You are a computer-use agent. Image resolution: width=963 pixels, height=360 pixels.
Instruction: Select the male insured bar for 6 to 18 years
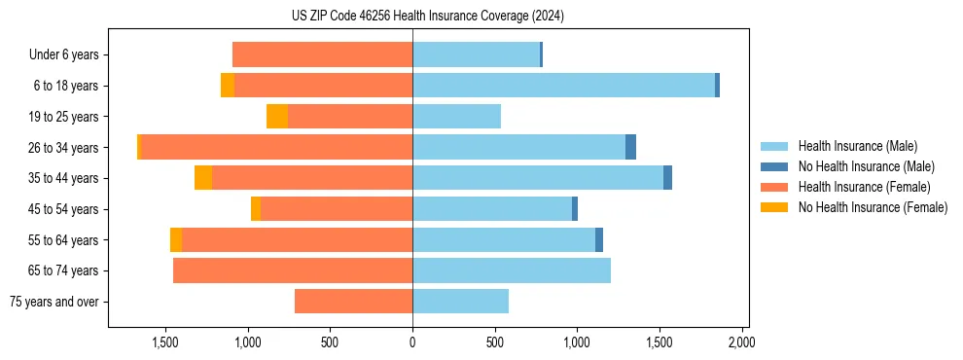pos(563,86)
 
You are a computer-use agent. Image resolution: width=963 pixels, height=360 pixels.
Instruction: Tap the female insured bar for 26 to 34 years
pos(276,147)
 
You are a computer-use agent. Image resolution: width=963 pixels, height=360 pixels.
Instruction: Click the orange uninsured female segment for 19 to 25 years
pos(277,117)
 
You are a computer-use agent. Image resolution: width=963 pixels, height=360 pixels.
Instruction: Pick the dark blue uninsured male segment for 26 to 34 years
pos(630,147)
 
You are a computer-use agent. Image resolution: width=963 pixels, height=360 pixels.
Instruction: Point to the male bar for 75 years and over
pos(460,302)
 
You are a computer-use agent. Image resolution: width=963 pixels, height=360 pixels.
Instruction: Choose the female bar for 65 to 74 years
pos(293,270)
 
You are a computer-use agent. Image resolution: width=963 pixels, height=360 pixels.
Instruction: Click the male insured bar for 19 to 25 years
pos(456,117)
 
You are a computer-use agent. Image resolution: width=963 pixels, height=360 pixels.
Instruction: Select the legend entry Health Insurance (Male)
pos(857,146)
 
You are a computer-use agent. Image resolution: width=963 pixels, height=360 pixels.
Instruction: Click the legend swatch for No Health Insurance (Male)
pos(774,166)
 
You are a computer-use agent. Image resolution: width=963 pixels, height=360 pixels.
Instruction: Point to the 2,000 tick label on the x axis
pos(742,342)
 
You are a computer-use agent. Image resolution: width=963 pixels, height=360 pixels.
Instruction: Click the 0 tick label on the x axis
pos(412,342)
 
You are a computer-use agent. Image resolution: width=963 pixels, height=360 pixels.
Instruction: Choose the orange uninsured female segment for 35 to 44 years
pos(203,178)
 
